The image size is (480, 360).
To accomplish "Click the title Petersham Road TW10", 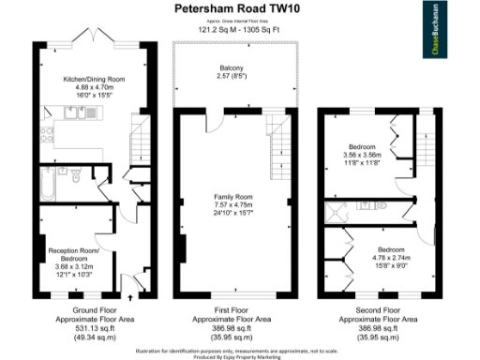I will pyautogui.click(x=229, y=8).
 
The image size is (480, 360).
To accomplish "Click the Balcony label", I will pyautogui.click(x=232, y=68).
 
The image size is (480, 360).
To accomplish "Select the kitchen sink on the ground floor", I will pyautogui.click(x=74, y=114).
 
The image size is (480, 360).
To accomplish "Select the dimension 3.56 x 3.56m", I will pyautogui.click(x=363, y=156).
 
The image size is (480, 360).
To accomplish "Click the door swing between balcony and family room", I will pyautogui.click(x=217, y=117).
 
